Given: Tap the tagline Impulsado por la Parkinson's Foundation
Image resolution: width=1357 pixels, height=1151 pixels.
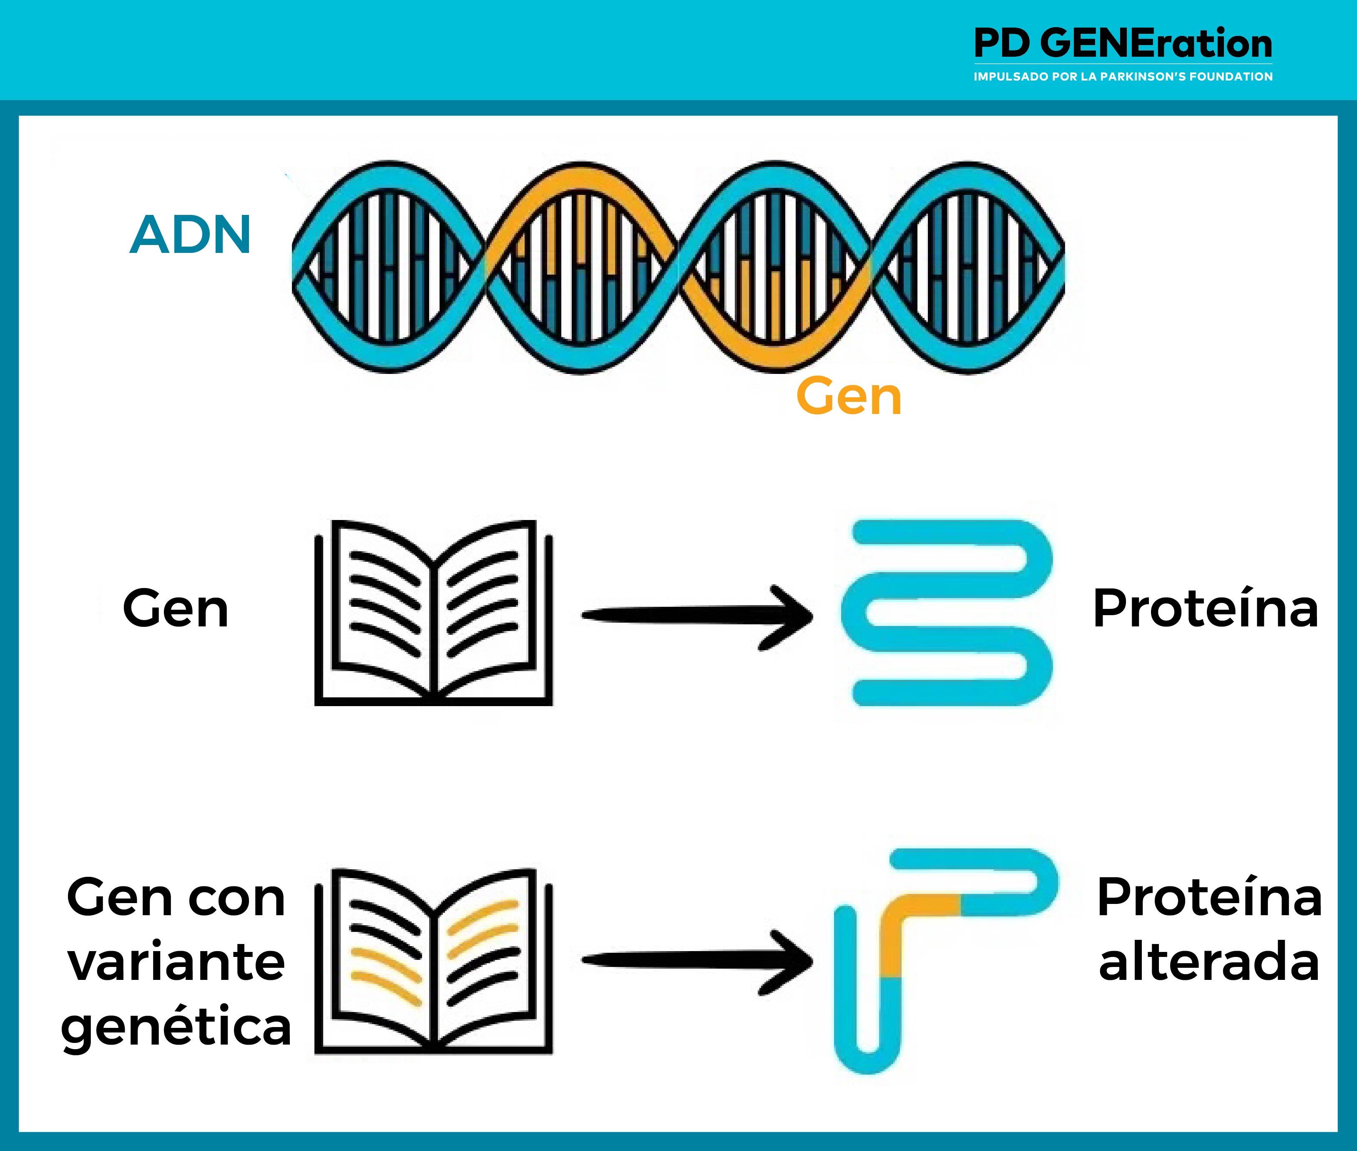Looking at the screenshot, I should (1122, 76).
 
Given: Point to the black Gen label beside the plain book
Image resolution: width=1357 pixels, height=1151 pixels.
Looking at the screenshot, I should (176, 609).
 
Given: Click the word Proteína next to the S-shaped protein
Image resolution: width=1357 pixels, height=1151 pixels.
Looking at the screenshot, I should (1206, 609).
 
